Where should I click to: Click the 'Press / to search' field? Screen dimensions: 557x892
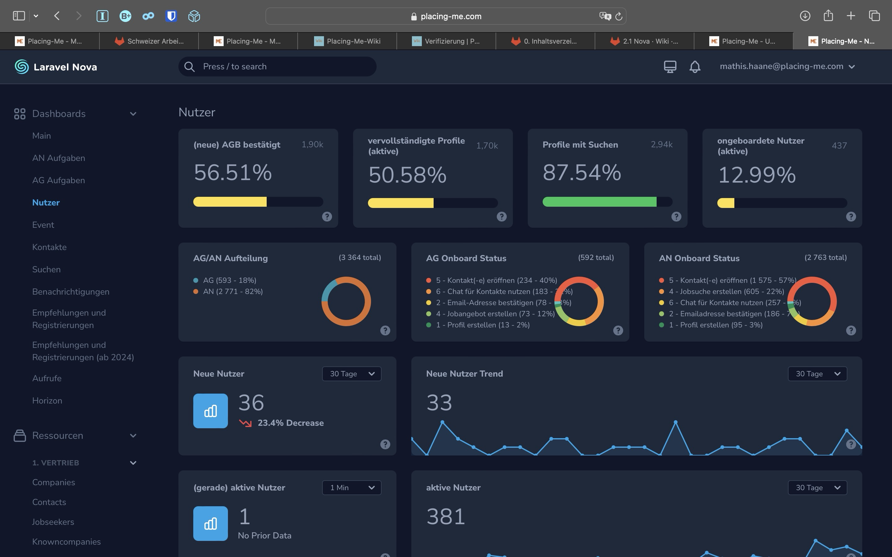pyautogui.click(x=277, y=67)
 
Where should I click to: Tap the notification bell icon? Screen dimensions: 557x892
pyautogui.click(x=695, y=67)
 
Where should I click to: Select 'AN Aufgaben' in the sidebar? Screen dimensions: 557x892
pyautogui.click(x=58, y=158)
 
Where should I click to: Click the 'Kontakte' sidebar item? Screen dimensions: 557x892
pyautogui.click(x=49, y=247)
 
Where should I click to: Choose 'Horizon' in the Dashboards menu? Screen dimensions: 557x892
pyautogui.click(x=47, y=400)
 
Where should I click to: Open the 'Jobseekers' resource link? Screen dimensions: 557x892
pyautogui.click(x=53, y=522)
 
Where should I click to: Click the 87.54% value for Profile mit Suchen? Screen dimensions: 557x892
pyautogui.click(x=582, y=172)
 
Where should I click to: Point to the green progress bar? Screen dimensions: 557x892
pyautogui.click(x=599, y=202)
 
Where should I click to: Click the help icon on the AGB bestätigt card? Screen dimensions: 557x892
pyautogui.click(x=326, y=217)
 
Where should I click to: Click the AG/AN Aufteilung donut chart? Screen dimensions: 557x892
pyautogui.click(x=346, y=301)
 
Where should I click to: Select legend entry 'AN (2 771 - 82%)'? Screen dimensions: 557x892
pyautogui.click(x=233, y=291)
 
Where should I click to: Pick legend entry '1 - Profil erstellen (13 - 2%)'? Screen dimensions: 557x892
pyautogui.click(x=483, y=325)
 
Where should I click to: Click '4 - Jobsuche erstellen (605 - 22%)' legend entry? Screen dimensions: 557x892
pyautogui.click(x=726, y=291)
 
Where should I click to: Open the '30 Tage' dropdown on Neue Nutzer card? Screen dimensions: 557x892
pyautogui.click(x=351, y=373)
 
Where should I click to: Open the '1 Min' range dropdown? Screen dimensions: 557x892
pyautogui.click(x=351, y=487)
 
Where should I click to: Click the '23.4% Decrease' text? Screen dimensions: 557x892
pyautogui.click(x=291, y=423)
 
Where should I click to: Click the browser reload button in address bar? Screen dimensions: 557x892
pyautogui.click(x=619, y=16)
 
